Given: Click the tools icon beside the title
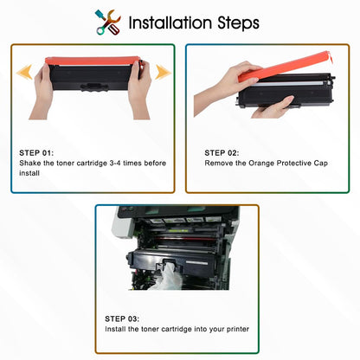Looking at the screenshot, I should pos(108,22).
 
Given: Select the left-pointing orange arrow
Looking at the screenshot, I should pos(26,71).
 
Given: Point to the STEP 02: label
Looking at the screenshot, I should pos(223,150).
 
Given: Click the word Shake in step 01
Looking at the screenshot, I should pos(29,162).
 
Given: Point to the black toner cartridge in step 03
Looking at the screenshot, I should pos(173,254).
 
